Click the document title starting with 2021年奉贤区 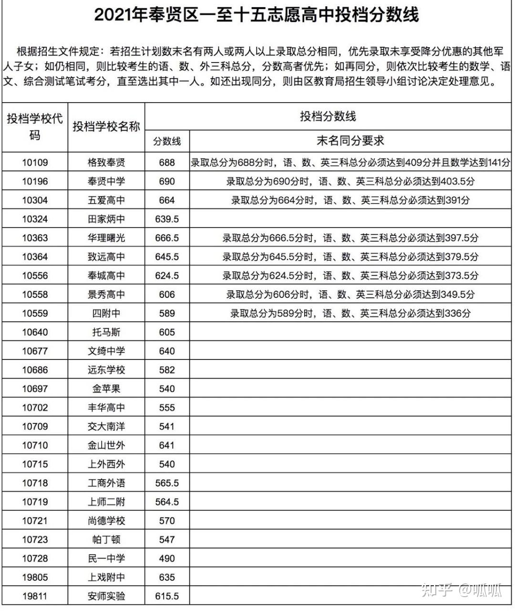[x=257, y=15]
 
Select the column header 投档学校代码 [x=35, y=127]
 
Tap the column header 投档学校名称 [x=106, y=126]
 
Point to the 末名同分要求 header [x=350, y=141]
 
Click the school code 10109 [x=35, y=163]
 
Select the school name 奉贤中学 [x=106, y=181]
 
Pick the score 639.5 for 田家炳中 [x=167, y=219]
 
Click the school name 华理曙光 [x=106, y=238]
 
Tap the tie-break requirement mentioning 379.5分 [x=350, y=257]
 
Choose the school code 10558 [x=35, y=295]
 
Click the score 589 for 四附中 [x=167, y=314]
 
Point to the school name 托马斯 [x=106, y=332]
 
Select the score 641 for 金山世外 [x=167, y=445]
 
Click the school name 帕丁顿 [x=106, y=539]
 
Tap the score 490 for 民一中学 [x=167, y=558]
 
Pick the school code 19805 [x=35, y=577]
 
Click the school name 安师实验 [x=106, y=596]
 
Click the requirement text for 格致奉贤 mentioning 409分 [x=350, y=163]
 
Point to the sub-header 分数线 [x=167, y=141]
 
